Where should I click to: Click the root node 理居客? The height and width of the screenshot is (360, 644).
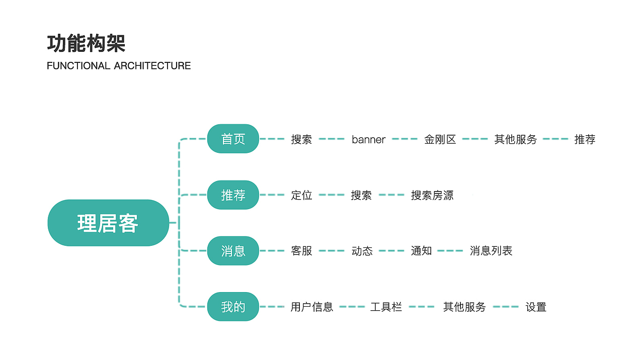[x=108, y=223]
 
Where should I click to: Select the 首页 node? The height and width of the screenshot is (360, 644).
[x=233, y=139]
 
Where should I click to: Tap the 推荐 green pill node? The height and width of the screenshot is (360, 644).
[x=233, y=195]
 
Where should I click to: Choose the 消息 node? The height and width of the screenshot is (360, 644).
[x=233, y=251]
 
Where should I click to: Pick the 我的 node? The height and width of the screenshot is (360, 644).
[x=233, y=307]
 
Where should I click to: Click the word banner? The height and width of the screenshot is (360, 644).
[x=368, y=140]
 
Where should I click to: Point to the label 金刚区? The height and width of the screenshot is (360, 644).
[x=440, y=140]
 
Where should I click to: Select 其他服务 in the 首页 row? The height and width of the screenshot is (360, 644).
[x=515, y=140]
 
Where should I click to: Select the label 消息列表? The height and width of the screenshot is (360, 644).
[x=491, y=251]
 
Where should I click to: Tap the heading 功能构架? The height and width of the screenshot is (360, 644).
[x=86, y=44]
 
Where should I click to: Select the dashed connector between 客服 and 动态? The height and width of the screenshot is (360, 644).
[x=332, y=251]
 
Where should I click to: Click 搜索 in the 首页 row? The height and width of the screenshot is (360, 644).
[x=301, y=140]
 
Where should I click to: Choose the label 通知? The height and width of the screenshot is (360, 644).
[x=421, y=251]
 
